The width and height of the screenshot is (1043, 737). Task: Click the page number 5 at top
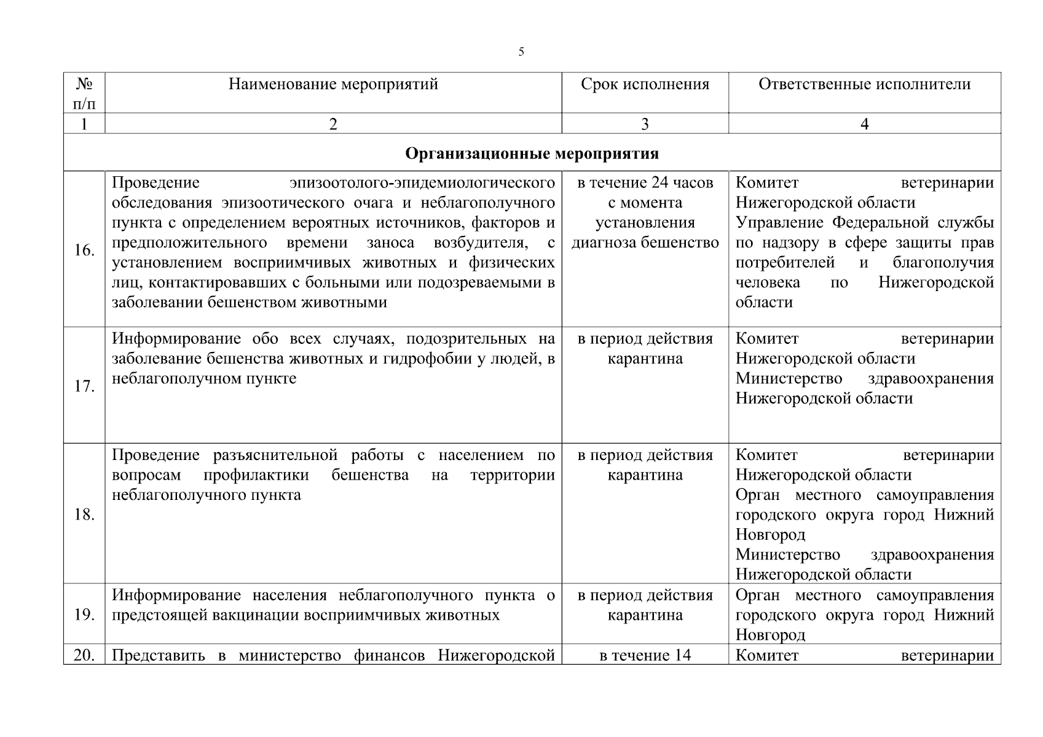[x=521, y=52]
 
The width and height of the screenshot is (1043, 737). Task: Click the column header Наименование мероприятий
[x=333, y=84]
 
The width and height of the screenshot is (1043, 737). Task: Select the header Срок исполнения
[x=645, y=84]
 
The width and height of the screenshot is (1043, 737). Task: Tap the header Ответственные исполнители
[x=864, y=84]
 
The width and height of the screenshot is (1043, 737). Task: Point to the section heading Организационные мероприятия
[x=532, y=153]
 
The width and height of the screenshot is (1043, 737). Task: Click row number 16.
[x=84, y=250]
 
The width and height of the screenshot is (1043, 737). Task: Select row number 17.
[x=84, y=386]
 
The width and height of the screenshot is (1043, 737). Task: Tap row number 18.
[x=84, y=514]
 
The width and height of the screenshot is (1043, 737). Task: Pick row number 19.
[x=84, y=615]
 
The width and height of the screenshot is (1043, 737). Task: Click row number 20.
[x=84, y=655]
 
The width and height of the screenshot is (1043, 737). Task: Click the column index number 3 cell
[x=645, y=124]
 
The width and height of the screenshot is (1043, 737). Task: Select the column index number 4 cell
[x=864, y=124]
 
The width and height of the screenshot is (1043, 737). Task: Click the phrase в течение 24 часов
[x=645, y=183]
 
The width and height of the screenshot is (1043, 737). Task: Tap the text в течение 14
[x=645, y=655]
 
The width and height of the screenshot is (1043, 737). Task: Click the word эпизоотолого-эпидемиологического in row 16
[x=422, y=183]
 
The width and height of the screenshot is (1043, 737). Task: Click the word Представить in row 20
[x=158, y=655]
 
